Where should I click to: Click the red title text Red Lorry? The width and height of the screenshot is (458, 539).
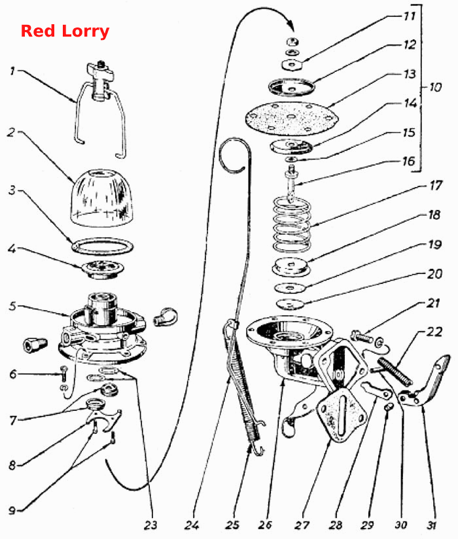(x=65, y=31)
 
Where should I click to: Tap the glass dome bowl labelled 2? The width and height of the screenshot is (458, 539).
(x=102, y=198)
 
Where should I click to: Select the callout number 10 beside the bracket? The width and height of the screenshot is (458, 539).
(x=435, y=87)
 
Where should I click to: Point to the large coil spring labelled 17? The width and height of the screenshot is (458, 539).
(x=292, y=224)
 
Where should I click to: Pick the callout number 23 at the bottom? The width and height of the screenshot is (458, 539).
(x=150, y=525)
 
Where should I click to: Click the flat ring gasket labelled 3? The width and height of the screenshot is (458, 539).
(x=103, y=246)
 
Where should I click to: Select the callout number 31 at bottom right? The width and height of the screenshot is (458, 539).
(x=432, y=525)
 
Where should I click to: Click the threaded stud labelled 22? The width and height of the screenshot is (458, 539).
(x=395, y=372)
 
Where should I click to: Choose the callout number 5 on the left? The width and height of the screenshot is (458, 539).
(x=12, y=306)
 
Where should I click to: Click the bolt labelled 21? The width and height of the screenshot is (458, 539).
(x=362, y=336)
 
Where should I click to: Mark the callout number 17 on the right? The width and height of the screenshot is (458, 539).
(x=436, y=186)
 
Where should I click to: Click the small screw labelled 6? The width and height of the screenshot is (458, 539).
(x=64, y=374)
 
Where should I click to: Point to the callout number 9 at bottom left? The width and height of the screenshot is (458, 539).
(x=12, y=510)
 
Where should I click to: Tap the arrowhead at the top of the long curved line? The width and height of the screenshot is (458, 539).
(x=291, y=26)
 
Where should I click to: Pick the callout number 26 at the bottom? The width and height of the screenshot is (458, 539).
(x=265, y=525)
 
